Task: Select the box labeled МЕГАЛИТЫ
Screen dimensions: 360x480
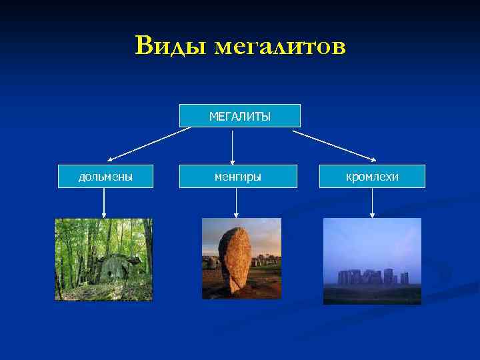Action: [x=240, y=116]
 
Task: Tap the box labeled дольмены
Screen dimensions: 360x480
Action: [x=105, y=177]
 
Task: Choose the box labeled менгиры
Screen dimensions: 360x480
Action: [x=238, y=177]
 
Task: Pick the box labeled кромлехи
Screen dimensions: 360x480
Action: [x=372, y=177]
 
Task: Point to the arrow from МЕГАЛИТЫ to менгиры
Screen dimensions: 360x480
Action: [x=232, y=147]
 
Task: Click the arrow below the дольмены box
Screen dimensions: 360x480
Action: [x=105, y=203]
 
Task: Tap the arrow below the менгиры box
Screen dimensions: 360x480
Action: [x=235, y=203]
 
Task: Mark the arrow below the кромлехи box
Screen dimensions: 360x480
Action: [x=372, y=203]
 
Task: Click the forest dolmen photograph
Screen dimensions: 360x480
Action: [x=103, y=259]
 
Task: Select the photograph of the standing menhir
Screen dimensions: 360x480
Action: [x=241, y=259]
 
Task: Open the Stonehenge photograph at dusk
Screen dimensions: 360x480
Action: [x=372, y=261]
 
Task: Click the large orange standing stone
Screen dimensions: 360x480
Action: [x=234, y=259]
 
